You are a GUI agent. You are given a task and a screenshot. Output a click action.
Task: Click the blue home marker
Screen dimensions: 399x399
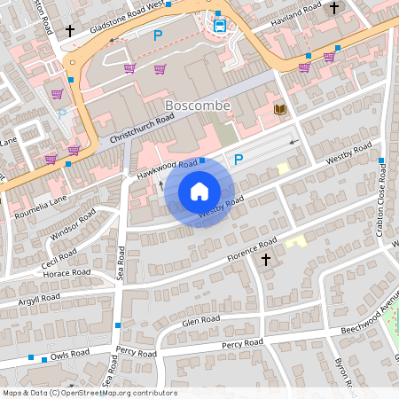[199, 192]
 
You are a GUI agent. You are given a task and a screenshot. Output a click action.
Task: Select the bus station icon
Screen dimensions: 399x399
[219, 24]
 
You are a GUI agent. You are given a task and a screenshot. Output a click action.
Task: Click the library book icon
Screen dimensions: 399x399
[280, 109]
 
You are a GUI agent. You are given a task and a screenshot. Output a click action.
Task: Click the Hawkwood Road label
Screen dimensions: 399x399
[167, 168]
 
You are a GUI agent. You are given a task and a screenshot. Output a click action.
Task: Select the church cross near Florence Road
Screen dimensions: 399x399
[266, 260]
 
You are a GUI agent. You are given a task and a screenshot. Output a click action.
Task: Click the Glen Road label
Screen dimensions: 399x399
[199, 320]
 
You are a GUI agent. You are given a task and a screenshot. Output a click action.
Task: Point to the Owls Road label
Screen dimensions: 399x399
[69, 354]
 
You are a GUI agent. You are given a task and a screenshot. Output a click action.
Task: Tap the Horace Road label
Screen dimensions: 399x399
[66, 273]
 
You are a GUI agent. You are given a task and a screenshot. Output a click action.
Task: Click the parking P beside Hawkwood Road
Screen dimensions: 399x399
[238, 160]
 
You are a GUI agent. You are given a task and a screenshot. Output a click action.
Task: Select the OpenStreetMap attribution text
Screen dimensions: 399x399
[89, 393]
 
